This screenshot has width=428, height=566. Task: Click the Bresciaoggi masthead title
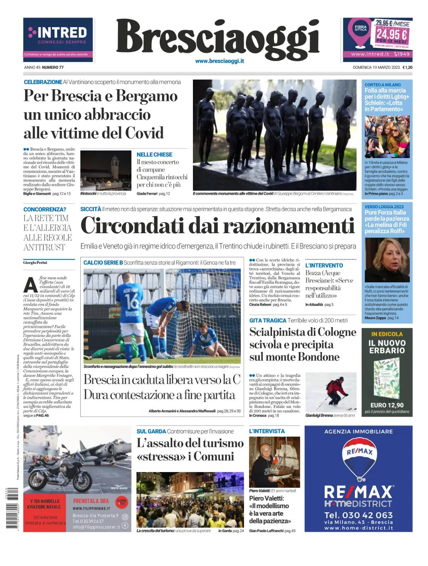coord(217,38)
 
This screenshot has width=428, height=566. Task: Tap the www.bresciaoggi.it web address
coord(219,61)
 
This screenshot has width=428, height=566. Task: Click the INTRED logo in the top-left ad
coord(58,33)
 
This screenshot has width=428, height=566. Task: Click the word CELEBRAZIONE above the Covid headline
coord(43,82)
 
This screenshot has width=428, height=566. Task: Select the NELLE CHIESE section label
coord(154,155)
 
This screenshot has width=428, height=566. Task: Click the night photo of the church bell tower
coord(106,170)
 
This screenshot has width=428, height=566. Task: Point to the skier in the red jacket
coord(333,391)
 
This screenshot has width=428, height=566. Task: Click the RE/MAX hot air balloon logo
coord(359,459)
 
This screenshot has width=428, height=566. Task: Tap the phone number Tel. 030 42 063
coord(358,515)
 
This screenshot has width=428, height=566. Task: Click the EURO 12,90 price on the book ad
coord(387,405)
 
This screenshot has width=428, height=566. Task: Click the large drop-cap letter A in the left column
coord(31,285)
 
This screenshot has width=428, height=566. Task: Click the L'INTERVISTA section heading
coord(267,431)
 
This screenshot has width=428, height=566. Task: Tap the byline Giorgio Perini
coord(35,263)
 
